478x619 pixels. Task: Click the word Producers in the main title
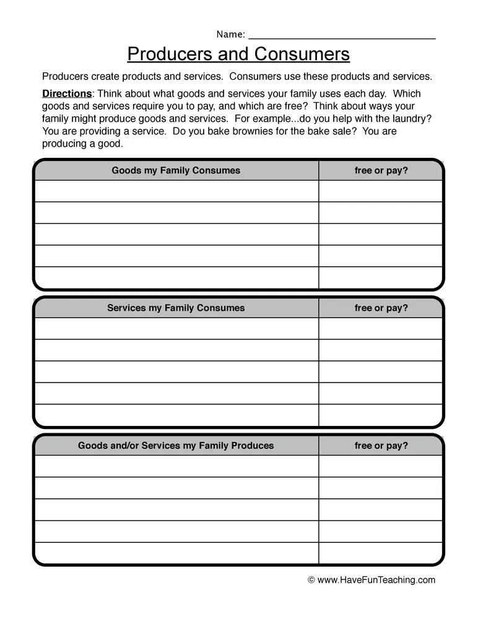pos(170,54)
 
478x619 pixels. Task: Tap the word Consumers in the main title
pos(302,54)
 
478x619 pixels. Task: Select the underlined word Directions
pos(67,94)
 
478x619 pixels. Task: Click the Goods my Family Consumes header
pos(176,170)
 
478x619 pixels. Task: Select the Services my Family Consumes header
pos(176,308)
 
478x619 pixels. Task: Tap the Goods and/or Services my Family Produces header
pos(176,446)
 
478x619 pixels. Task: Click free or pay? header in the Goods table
pos(381,170)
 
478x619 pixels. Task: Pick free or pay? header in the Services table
pos(381,308)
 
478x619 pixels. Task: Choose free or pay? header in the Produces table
pos(381,446)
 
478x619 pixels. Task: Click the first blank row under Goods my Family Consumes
pos(176,191)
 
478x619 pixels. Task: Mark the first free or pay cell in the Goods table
pos(381,191)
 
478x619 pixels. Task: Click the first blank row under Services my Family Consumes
pos(176,329)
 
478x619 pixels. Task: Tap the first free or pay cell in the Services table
pos(381,329)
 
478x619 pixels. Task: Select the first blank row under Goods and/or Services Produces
pos(176,466)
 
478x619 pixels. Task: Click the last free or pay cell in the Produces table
pos(381,553)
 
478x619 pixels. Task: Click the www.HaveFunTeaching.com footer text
pos(376,580)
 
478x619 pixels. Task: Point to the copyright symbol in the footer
pos(311,581)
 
